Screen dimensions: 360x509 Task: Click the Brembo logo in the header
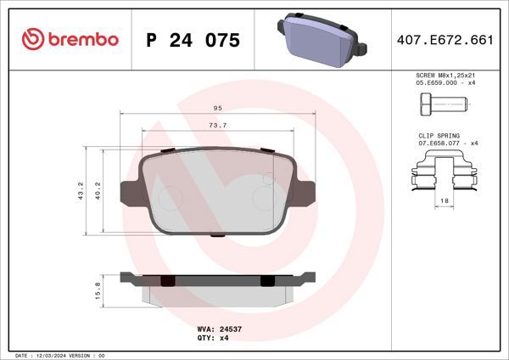70,40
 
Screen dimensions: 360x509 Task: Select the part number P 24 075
193,41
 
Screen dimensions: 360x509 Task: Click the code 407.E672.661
445,41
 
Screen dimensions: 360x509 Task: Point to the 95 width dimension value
218,109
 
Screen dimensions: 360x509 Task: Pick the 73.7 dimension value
218,126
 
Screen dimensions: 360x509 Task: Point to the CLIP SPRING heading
439,136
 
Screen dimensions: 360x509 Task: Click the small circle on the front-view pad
269,180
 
